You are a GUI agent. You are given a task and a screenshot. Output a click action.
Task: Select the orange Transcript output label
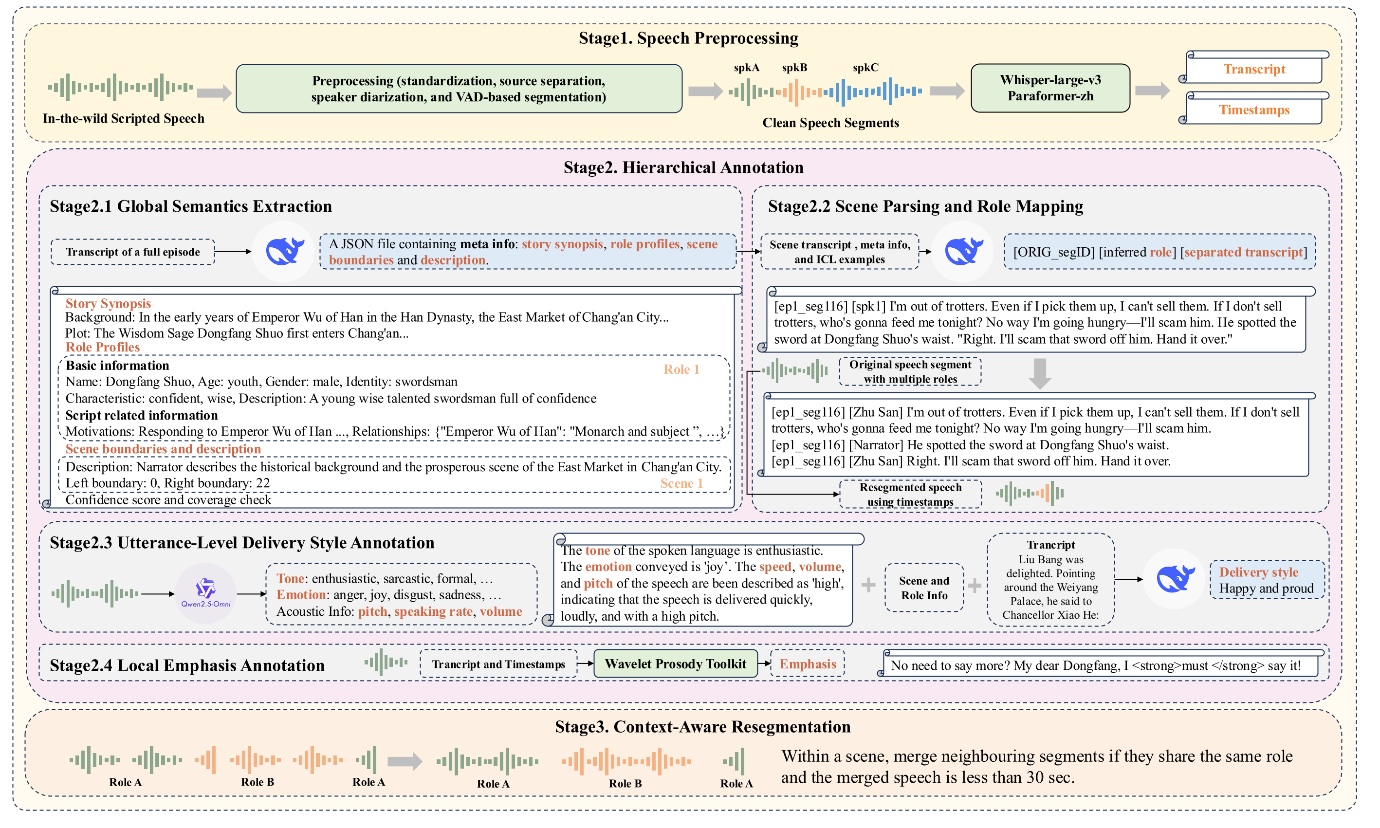click(1254, 69)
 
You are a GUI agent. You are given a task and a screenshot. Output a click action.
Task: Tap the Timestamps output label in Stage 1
click(1254, 110)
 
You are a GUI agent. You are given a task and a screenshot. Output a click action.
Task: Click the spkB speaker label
click(794, 68)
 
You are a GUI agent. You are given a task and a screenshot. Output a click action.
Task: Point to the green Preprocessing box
click(459, 89)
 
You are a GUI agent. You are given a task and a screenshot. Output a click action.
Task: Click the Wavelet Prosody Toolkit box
click(675, 663)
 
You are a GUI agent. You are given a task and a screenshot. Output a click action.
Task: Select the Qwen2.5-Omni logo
click(205, 592)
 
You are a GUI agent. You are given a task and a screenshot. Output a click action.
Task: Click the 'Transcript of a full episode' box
click(133, 252)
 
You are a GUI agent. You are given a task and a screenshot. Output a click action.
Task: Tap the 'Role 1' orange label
click(681, 369)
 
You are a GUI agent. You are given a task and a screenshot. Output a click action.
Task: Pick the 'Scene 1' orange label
click(681, 483)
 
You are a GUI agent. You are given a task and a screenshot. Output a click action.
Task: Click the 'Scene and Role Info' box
click(924, 588)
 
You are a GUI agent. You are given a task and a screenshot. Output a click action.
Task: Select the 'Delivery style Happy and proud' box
click(1266, 580)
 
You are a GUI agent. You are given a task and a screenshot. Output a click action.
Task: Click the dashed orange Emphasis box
click(807, 663)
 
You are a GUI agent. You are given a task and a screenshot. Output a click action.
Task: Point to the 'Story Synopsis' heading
click(108, 304)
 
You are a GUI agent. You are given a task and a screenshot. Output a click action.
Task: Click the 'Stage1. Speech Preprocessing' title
click(688, 38)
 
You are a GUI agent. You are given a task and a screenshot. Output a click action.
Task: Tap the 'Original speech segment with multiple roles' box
click(910, 371)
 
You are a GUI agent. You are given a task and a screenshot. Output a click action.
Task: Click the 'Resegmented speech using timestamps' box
click(910, 495)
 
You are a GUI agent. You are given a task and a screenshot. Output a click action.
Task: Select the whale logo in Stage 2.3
click(1175, 579)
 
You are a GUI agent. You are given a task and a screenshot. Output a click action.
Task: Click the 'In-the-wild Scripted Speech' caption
click(123, 118)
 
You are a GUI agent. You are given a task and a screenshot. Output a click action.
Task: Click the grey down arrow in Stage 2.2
click(1040, 373)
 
